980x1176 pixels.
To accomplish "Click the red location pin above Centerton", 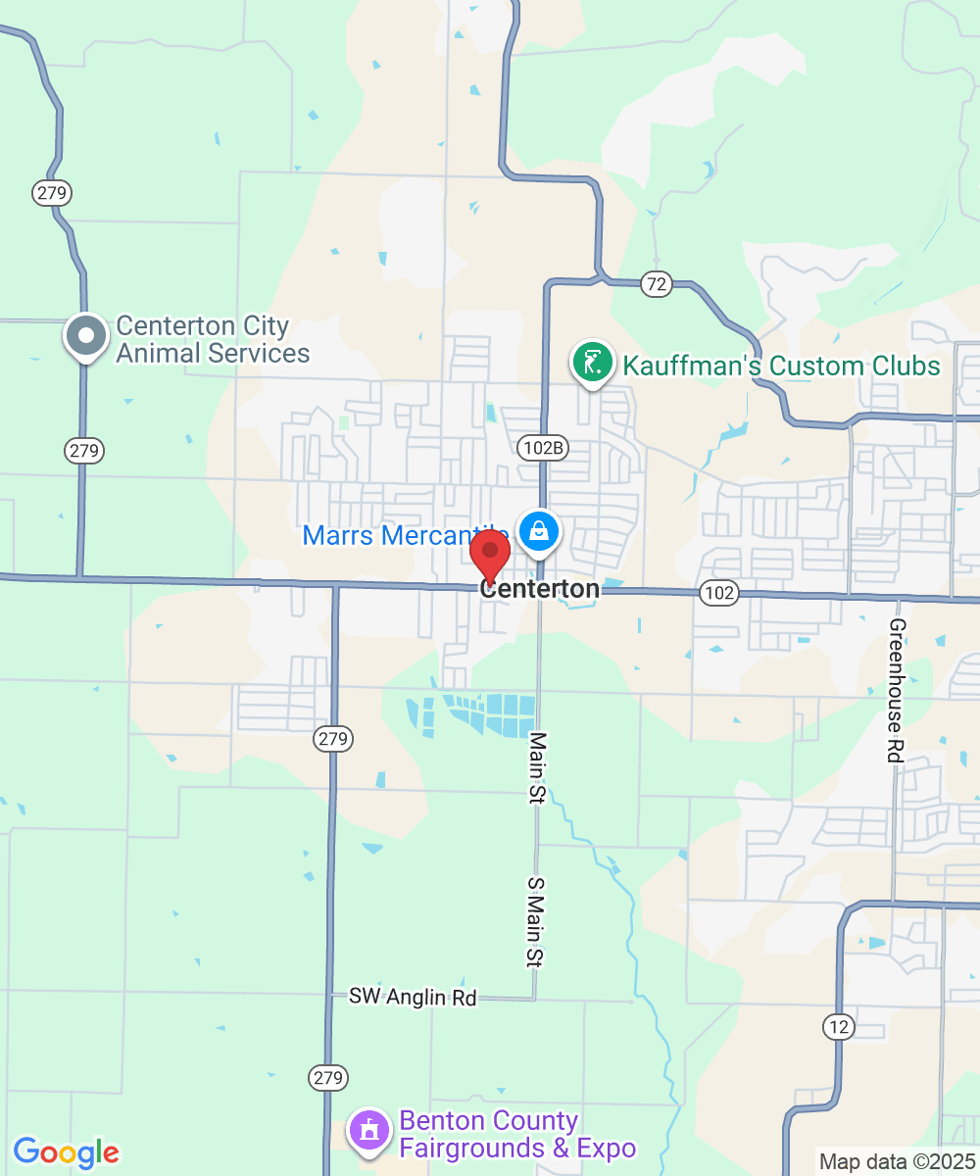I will click(x=490, y=555).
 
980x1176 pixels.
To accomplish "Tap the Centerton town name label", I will click(x=540, y=589).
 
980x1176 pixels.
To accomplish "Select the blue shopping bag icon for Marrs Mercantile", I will click(x=538, y=532).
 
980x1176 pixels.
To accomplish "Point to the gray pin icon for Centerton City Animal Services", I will click(x=86, y=335).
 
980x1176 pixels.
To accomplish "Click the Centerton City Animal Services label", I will click(x=213, y=339).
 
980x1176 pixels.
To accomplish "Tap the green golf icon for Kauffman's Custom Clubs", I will click(x=592, y=364).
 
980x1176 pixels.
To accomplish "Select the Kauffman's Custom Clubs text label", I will click(x=781, y=367).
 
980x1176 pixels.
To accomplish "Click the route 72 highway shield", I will click(x=656, y=284).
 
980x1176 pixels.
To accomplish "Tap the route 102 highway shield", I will click(x=719, y=592).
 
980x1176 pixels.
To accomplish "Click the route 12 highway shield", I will click(x=839, y=1027).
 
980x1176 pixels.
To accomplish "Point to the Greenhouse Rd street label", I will click(x=896, y=690).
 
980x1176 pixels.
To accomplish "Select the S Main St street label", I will click(x=535, y=922).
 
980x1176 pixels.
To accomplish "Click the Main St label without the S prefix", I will click(x=537, y=767).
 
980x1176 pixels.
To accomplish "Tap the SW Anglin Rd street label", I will click(x=413, y=998).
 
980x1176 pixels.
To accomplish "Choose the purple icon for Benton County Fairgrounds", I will click(x=369, y=1132).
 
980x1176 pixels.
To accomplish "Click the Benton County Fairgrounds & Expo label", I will click(x=516, y=1134).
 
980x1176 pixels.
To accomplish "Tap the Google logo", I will click(x=66, y=1152).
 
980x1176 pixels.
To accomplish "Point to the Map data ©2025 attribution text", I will click(x=897, y=1162).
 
